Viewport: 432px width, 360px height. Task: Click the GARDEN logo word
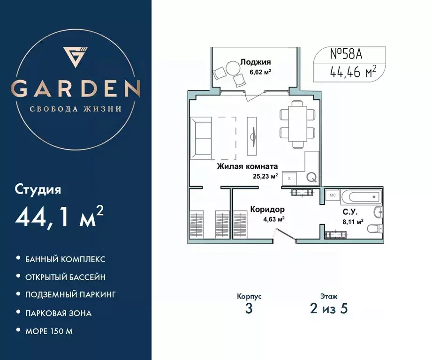(x=76, y=88)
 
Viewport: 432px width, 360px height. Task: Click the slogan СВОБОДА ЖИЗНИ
(x=76, y=109)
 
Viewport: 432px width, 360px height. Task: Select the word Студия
(x=38, y=190)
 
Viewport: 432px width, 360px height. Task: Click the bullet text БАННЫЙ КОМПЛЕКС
(x=65, y=259)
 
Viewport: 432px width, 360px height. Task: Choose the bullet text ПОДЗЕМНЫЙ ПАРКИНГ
(x=70, y=295)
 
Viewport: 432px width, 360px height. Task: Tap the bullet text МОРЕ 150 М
(x=49, y=331)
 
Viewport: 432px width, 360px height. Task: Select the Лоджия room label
(x=256, y=61)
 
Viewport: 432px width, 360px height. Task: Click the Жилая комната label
(x=247, y=166)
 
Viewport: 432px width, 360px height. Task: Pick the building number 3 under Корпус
(x=249, y=309)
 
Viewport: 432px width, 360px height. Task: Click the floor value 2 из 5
(x=328, y=309)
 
